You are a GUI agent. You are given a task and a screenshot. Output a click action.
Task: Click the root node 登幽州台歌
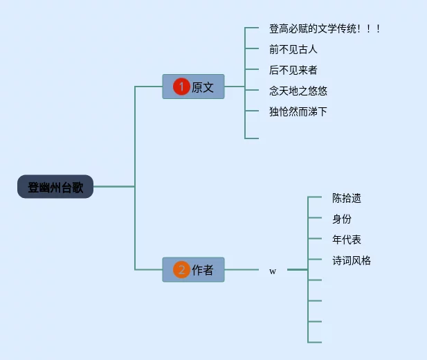click(x=55, y=187)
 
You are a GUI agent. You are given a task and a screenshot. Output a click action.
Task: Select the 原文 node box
click(x=194, y=87)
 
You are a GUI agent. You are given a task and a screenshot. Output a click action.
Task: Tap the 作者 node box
click(x=194, y=270)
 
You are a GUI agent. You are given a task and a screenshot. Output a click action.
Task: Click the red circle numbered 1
click(x=181, y=87)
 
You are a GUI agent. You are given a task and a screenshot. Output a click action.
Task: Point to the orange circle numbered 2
click(x=181, y=270)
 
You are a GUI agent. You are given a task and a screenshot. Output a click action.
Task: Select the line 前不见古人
click(x=293, y=50)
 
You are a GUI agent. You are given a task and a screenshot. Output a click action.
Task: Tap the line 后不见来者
click(x=293, y=70)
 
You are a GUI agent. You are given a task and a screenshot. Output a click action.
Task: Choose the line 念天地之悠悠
click(x=298, y=91)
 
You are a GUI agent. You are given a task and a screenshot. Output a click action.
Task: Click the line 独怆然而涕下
click(x=298, y=111)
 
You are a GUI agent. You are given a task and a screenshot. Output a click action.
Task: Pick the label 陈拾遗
click(x=347, y=198)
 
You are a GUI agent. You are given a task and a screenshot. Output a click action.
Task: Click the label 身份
click(x=342, y=219)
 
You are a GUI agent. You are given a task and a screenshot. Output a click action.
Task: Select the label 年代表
click(x=347, y=240)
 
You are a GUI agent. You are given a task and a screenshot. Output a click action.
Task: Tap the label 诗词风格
click(x=352, y=260)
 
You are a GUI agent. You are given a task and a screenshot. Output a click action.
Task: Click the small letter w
click(x=273, y=271)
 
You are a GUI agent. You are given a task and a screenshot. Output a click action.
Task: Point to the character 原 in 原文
click(x=197, y=87)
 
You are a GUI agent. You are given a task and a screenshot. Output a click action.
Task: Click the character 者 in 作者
click(x=208, y=270)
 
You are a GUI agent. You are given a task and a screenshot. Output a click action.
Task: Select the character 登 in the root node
click(x=33, y=187)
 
